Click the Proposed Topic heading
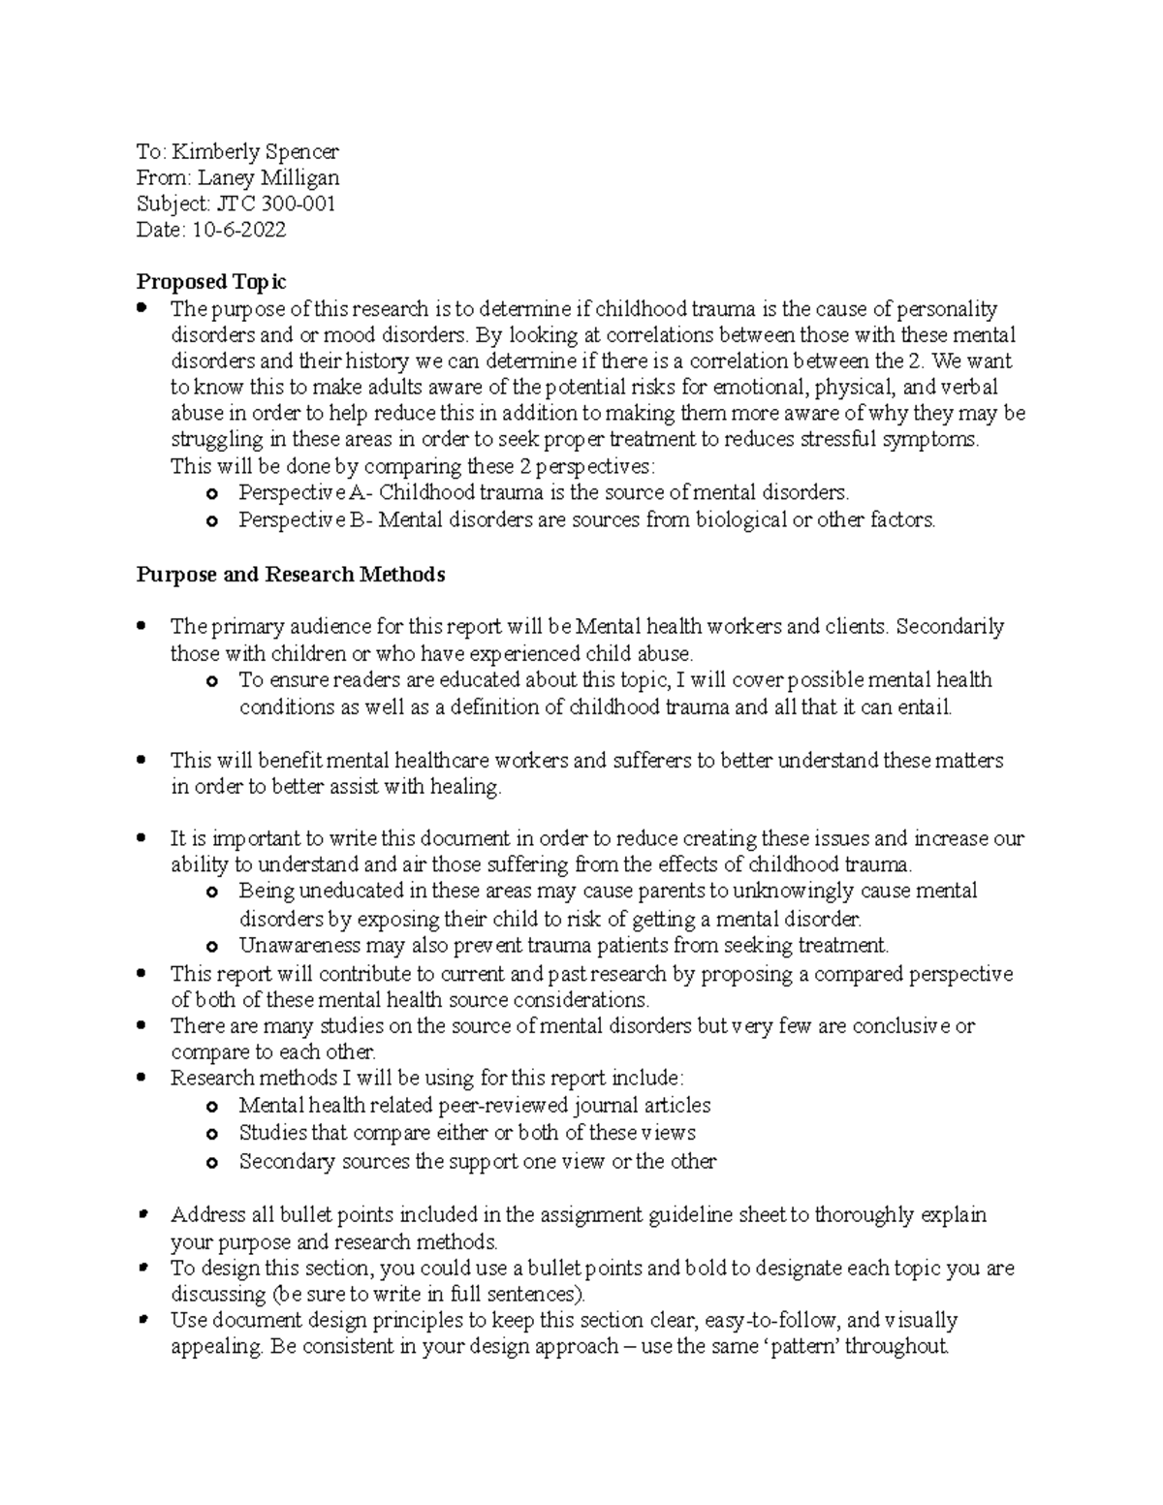(x=211, y=282)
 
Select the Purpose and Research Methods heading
(x=291, y=575)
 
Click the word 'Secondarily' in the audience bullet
(x=950, y=627)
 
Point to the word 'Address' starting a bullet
(x=206, y=1215)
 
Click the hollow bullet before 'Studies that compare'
(x=212, y=1135)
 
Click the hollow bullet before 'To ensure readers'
(x=212, y=682)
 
